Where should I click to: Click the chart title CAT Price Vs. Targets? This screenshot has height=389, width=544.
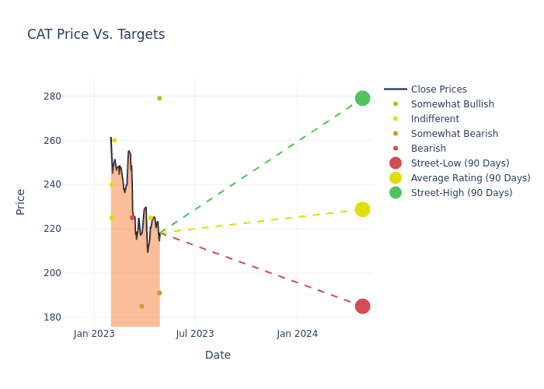96,34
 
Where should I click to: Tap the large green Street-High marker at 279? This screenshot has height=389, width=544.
362,98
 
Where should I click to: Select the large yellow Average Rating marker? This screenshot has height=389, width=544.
362,209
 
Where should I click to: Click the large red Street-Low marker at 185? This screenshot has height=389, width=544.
362,307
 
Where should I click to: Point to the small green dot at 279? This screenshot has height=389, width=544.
159,98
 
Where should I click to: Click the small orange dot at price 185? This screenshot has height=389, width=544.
141,307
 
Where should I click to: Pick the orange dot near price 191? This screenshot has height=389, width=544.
159,293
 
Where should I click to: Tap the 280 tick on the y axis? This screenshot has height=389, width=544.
74,96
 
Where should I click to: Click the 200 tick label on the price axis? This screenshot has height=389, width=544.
74,273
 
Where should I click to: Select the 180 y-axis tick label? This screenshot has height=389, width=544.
74,317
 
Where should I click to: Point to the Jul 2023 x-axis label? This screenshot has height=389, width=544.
195,334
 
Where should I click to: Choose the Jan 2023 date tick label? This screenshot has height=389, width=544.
94,334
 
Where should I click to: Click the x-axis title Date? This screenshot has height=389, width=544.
218,355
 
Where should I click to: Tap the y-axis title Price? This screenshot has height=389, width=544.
21,202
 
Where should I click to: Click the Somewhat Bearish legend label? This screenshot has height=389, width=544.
454,134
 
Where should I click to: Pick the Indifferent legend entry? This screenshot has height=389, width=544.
434,119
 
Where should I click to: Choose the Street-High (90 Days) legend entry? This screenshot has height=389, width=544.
461,193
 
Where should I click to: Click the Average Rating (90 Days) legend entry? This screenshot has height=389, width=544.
470,178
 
